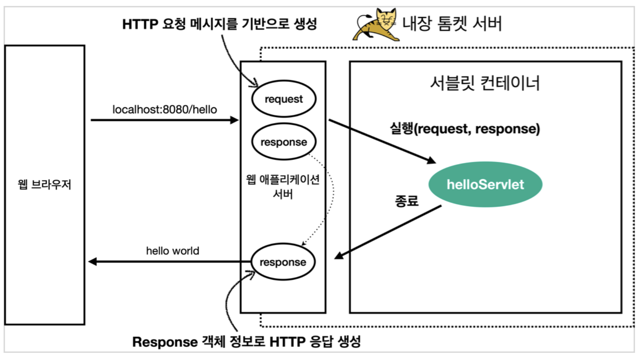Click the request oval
[283, 99]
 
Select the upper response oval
[283, 142]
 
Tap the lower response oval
[283, 262]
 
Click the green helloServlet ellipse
[485, 184]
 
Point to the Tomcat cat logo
[376, 25]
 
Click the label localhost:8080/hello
[165, 109]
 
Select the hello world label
[172, 251]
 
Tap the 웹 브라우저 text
[45, 184]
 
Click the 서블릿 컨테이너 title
[485, 83]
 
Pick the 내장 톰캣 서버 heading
[452, 23]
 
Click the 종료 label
[407, 201]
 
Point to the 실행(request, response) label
[465, 129]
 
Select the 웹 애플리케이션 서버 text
[283, 187]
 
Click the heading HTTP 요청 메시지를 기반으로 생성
[219, 24]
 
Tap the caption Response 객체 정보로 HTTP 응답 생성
[246, 342]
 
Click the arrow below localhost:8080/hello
[165, 120]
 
